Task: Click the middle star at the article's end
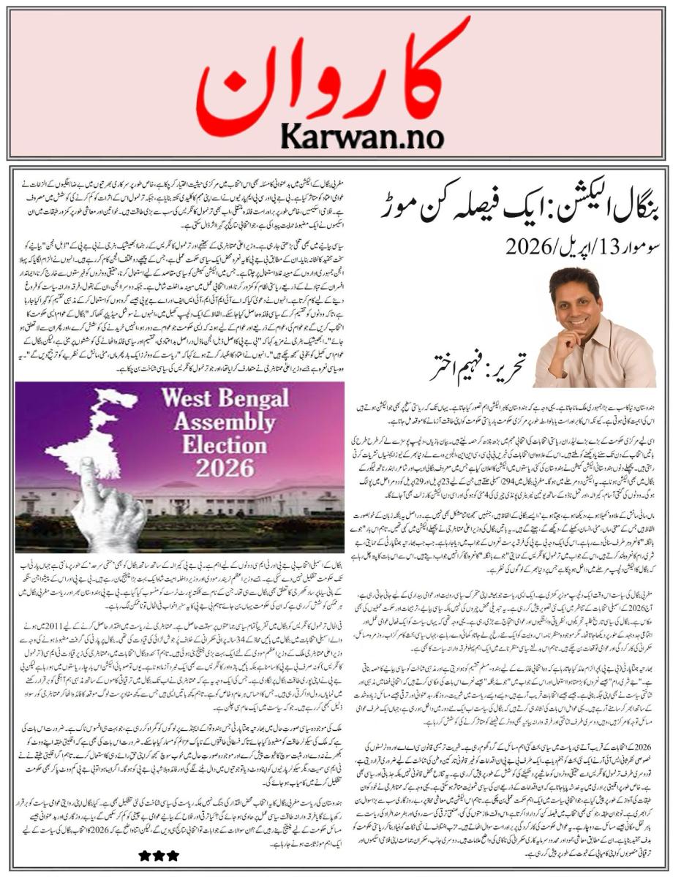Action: click(x=155, y=855)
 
